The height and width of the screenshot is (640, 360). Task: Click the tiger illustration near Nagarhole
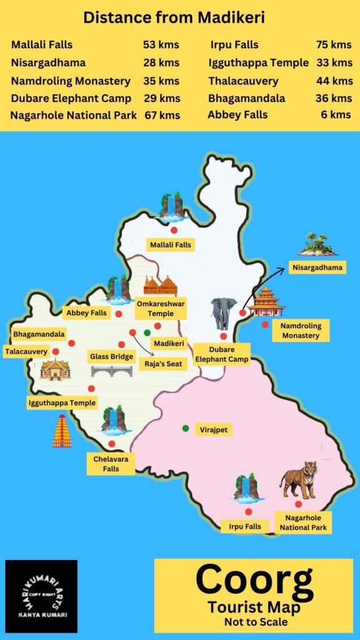[x=298, y=479]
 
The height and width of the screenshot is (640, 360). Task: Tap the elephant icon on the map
[x=223, y=312]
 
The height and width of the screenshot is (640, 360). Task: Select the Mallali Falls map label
[x=171, y=244]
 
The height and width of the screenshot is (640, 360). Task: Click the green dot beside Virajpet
[x=186, y=428]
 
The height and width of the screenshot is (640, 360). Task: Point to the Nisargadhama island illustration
[x=317, y=244]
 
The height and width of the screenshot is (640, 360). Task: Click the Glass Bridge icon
[x=111, y=371]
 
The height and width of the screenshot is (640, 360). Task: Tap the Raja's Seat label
[x=162, y=362]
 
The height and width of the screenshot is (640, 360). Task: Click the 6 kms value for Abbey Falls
[x=340, y=115]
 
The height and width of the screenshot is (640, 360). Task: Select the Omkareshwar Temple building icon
[x=161, y=286]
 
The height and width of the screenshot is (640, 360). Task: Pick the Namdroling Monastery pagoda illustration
[x=266, y=302]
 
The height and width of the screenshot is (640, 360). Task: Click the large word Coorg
[x=254, y=581]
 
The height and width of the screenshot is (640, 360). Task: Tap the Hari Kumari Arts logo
[x=41, y=596]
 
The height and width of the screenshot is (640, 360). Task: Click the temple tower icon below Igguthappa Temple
[x=62, y=431]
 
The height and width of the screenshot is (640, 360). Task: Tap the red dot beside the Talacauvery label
[x=56, y=351]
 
